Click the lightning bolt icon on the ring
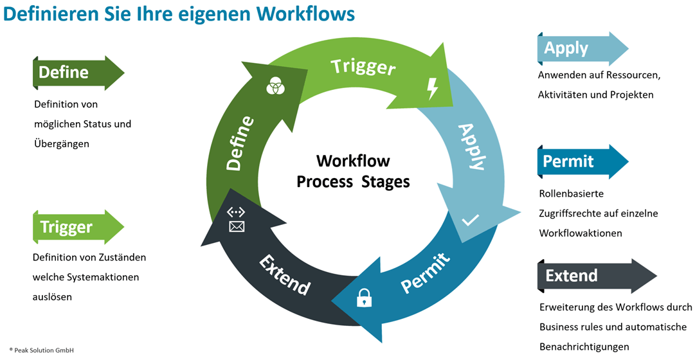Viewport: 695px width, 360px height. point(433,88)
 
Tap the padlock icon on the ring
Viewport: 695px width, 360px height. point(365,297)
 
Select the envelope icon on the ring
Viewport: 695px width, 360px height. point(237,226)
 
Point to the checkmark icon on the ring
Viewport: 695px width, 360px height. point(471,220)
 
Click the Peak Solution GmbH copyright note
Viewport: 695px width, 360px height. point(42,350)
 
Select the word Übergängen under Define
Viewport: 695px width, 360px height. point(62,144)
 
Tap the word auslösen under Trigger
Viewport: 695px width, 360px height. point(53,298)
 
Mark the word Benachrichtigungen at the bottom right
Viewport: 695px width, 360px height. point(584,347)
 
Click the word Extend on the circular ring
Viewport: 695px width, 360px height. point(285,274)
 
